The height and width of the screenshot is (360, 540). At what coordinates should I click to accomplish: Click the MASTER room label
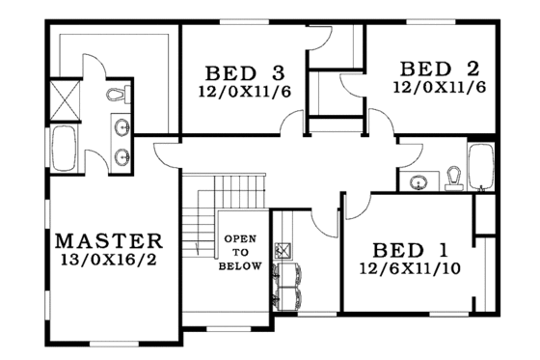(108, 240)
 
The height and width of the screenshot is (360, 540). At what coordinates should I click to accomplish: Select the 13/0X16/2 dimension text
(109, 260)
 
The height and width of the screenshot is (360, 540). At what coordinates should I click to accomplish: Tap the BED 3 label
(244, 73)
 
